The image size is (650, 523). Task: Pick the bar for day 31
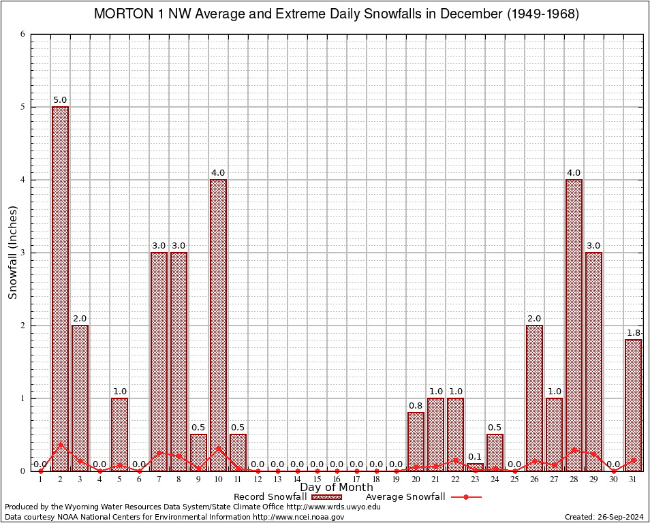[x=633, y=405]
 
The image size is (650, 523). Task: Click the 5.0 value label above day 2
[x=60, y=100]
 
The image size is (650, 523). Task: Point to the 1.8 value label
[x=633, y=333]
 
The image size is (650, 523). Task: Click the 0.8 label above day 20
[x=416, y=406]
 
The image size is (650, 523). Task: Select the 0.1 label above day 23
[x=475, y=457]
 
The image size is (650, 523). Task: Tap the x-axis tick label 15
[x=317, y=480]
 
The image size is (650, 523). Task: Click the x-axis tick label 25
[x=514, y=480]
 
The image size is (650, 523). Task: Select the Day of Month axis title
[x=337, y=487]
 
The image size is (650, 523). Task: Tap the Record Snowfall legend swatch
[x=326, y=497]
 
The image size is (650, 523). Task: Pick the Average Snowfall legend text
[x=405, y=497]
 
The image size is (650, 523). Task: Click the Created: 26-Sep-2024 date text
[x=604, y=517]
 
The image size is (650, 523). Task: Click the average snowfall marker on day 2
[x=60, y=445]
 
